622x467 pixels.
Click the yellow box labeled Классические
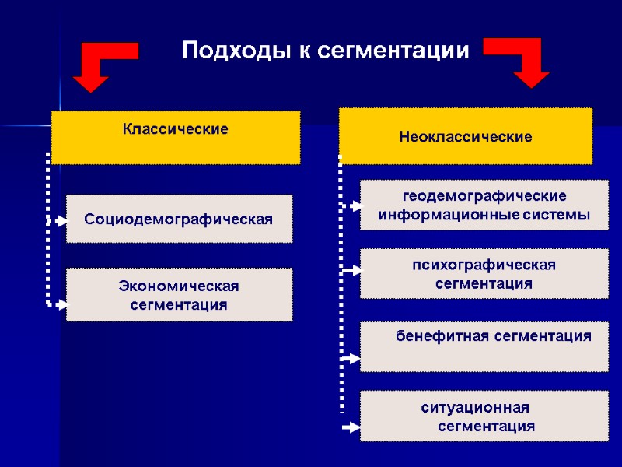click(x=176, y=137)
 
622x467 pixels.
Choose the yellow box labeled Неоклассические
click(x=466, y=136)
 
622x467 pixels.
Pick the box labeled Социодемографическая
click(x=179, y=219)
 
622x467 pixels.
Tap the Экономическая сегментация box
click(x=179, y=295)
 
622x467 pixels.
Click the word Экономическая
click(x=179, y=286)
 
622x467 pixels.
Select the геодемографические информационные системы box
click(x=484, y=205)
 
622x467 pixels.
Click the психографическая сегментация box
click(x=484, y=274)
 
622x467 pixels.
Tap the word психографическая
click(x=484, y=265)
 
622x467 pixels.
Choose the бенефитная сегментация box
click(x=484, y=346)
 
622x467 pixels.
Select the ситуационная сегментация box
click(x=484, y=416)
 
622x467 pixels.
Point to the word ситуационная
click(x=475, y=407)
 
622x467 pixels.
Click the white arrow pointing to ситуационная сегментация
click(x=351, y=427)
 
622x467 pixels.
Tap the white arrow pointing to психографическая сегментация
click(x=351, y=271)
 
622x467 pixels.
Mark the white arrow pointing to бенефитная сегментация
click(x=351, y=359)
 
